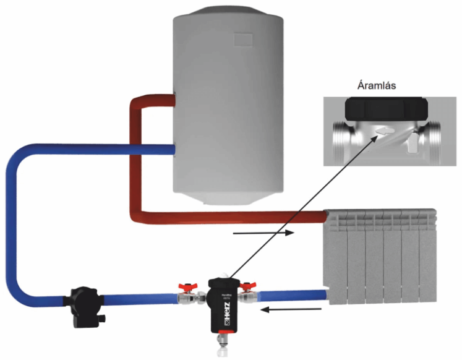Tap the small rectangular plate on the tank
tap(245, 39)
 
